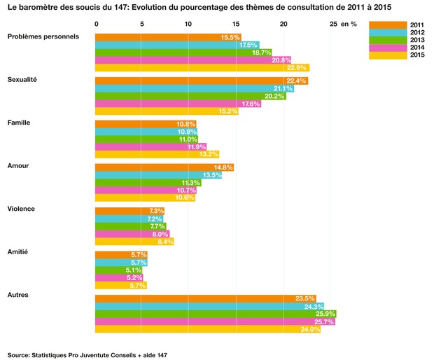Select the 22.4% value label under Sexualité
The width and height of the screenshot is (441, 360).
pyautogui.click(x=297, y=81)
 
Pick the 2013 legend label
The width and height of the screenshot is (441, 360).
pyautogui.click(x=418, y=40)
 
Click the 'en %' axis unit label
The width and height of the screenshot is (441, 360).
pyautogui.click(x=349, y=24)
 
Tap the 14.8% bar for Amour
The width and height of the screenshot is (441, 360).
pyautogui.click(x=164, y=167)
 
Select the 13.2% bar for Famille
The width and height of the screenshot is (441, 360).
pyautogui.click(x=157, y=154)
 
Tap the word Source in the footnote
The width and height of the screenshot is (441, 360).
pyautogui.click(x=20, y=354)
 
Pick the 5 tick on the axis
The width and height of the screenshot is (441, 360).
pyautogui.click(x=142, y=24)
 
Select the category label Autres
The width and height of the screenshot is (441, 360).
pyautogui.click(x=18, y=295)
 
